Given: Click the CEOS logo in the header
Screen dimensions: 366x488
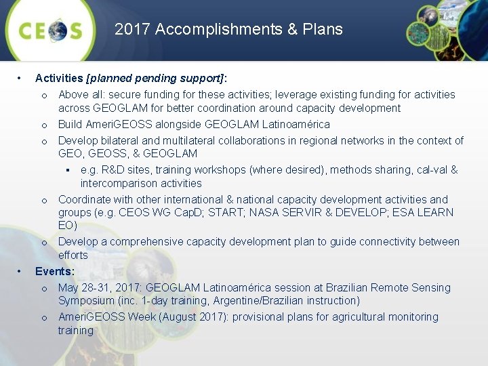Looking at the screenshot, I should [50, 31].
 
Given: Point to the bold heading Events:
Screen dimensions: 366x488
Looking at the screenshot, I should [54, 271].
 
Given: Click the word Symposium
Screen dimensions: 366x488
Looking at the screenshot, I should [85, 300].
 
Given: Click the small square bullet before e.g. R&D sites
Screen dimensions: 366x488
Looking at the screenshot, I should [68, 170].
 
